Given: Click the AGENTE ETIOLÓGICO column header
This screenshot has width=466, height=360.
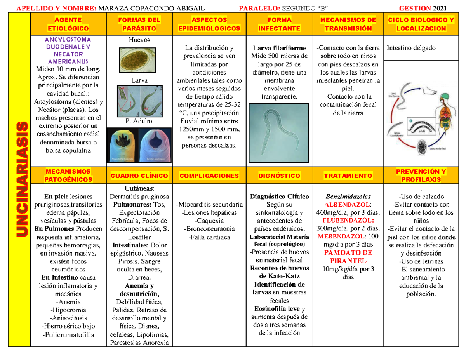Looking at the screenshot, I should click(68, 24).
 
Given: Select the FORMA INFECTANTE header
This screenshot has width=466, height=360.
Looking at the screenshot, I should click(279, 24).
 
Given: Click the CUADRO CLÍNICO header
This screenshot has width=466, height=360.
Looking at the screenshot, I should click(139, 176).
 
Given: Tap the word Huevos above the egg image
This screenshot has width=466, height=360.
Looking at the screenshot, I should click(139, 40).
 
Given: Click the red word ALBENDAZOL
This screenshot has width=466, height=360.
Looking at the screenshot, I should click(348, 205).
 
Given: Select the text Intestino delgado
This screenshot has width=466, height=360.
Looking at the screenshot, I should click(411, 48).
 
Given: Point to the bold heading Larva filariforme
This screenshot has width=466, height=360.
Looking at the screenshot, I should click(279, 48).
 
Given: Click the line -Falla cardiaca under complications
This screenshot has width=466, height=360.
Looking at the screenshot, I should click(209, 237).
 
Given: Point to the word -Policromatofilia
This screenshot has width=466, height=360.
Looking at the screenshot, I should click(70, 335).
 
